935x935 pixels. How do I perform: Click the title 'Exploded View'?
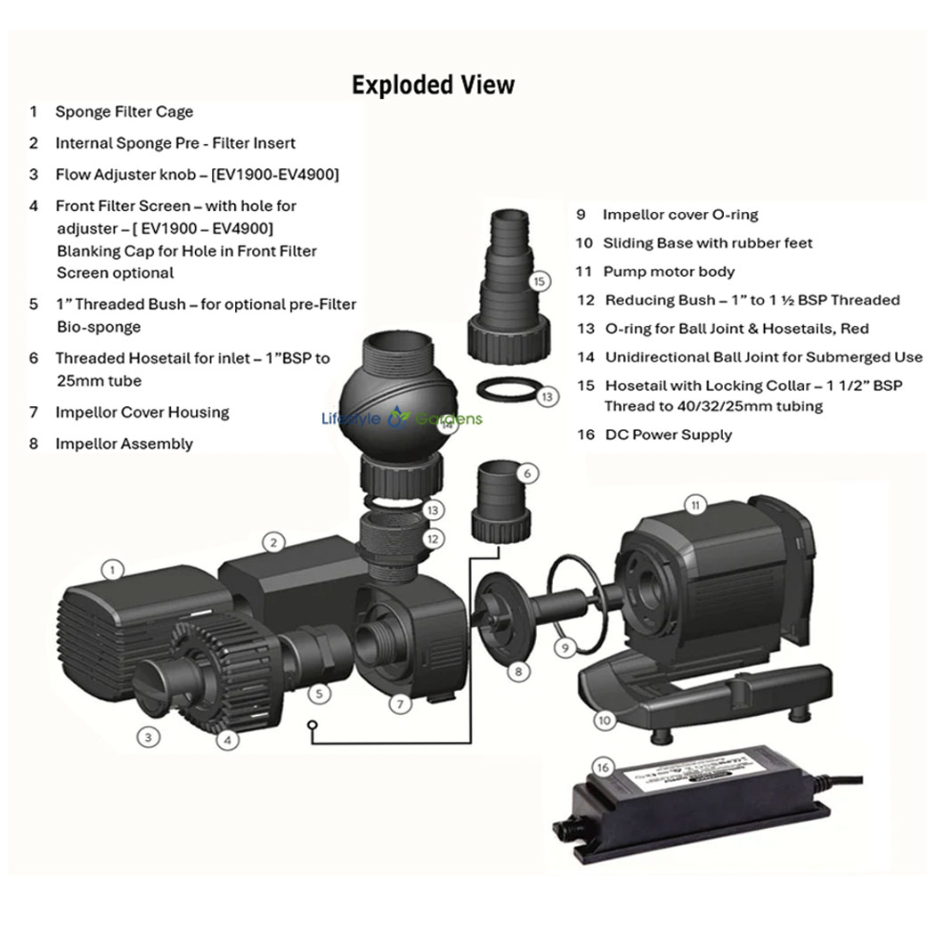pyautogui.click(x=433, y=85)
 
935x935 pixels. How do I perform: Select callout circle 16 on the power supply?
pyautogui.click(x=603, y=767)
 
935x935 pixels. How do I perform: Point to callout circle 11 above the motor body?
pyautogui.click(x=695, y=506)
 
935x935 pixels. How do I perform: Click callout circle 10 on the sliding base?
pyautogui.click(x=606, y=720)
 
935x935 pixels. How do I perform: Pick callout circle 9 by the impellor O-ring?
pyautogui.click(x=564, y=647)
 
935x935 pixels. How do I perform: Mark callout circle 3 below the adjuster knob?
pyautogui.click(x=149, y=736)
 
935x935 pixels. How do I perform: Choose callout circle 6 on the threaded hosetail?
pyautogui.click(x=527, y=474)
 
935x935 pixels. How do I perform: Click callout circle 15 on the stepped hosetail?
pyautogui.click(x=539, y=281)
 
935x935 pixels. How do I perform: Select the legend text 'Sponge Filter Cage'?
pyautogui.click(x=124, y=112)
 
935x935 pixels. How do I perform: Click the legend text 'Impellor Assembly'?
pyautogui.click(x=124, y=443)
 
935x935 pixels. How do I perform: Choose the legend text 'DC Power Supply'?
pyautogui.click(x=668, y=435)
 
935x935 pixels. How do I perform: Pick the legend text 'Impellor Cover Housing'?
pyautogui.click(x=142, y=412)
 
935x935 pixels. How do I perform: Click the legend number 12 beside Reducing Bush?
pyautogui.click(x=585, y=300)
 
